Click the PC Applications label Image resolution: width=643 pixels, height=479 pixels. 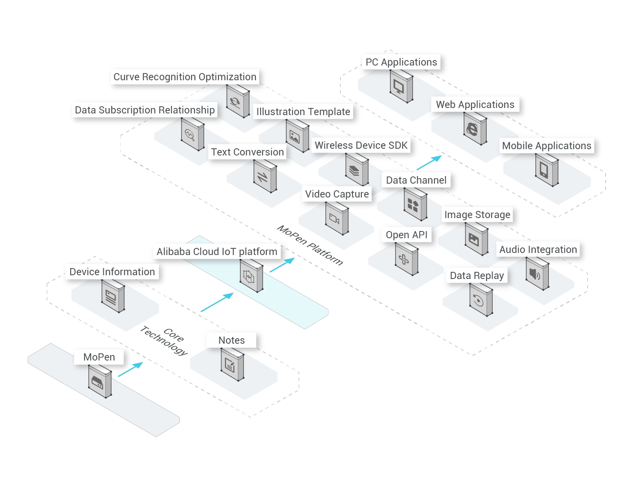(x=401, y=62)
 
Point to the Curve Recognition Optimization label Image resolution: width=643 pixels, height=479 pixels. (x=185, y=77)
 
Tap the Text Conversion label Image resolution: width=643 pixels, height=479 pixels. (x=247, y=152)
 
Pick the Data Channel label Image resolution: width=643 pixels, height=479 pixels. (x=416, y=180)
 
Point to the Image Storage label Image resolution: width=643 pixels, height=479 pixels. (x=477, y=215)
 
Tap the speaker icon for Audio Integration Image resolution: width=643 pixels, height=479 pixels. (x=534, y=275)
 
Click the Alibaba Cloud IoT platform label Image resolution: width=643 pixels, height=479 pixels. (x=217, y=252)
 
